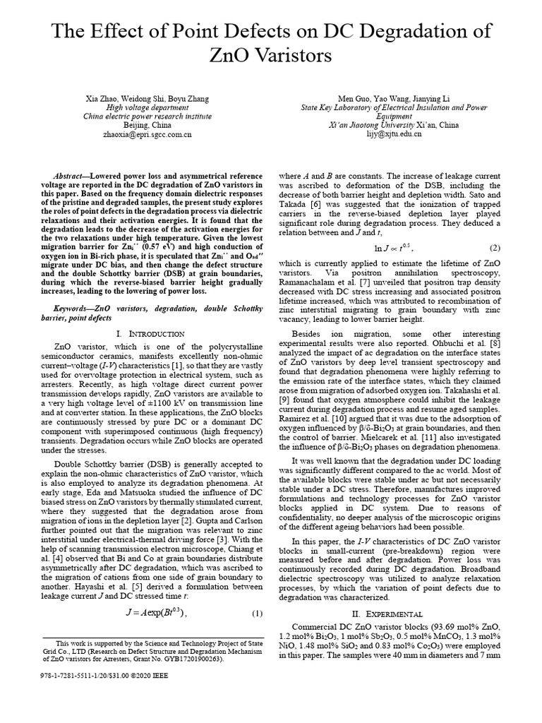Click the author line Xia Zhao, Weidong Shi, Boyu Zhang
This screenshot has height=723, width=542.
coord(147,98)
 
